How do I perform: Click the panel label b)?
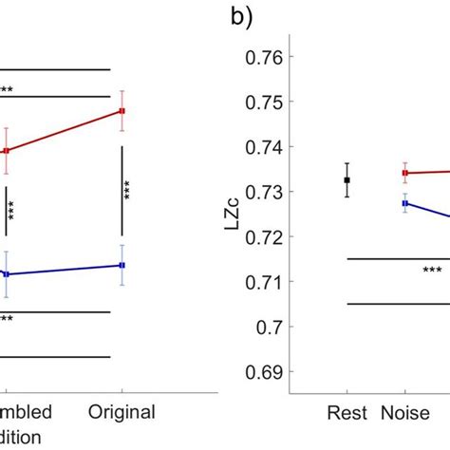241,19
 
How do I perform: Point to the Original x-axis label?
122,413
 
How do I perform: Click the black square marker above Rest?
347,179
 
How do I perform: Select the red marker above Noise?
405,173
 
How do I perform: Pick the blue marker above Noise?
405,203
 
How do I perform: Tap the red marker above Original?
122,111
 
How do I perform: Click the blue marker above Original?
122,265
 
